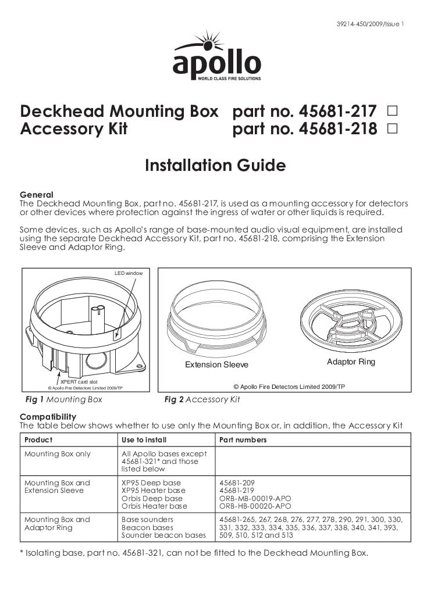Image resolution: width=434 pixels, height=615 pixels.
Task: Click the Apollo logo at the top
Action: click(216, 58)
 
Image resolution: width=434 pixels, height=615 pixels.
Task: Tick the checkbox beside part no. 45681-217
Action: click(392, 110)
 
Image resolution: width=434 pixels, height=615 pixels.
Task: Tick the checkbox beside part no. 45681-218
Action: click(392, 128)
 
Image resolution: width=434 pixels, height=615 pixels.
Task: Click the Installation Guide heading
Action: click(215, 166)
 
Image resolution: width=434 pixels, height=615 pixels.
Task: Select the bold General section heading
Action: click(37, 195)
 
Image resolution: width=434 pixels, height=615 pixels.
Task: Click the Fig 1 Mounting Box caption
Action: click(61, 399)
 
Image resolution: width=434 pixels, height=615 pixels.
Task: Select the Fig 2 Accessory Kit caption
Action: click(202, 399)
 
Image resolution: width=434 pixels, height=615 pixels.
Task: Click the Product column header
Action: click(38, 440)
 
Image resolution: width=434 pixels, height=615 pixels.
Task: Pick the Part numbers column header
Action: click(243, 440)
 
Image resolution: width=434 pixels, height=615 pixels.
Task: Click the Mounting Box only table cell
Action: click(58, 454)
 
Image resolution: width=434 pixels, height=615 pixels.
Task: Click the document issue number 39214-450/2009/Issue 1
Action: click(370, 24)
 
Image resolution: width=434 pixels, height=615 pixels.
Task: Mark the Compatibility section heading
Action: click(48, 417)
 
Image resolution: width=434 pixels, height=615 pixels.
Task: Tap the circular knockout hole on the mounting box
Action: click(96, 361)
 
